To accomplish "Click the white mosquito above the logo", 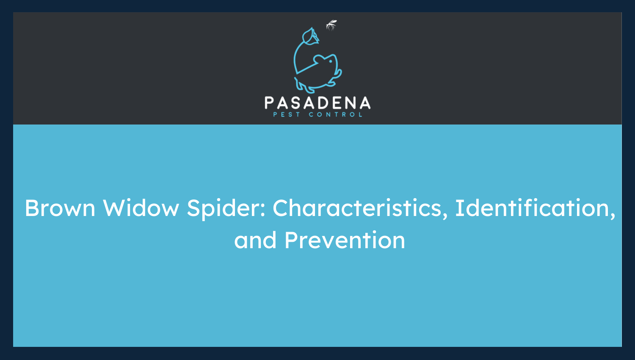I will (331, 25).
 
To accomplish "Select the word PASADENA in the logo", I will (317, 103).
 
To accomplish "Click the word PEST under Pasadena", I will (287, 114).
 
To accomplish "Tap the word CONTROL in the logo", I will (336, 114).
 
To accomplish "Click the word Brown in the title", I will (60, 208).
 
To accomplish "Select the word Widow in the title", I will (141, 208).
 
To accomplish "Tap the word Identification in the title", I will (535, 208).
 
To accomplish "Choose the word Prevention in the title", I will (345, 241).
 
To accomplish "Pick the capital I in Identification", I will (459, 208).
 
